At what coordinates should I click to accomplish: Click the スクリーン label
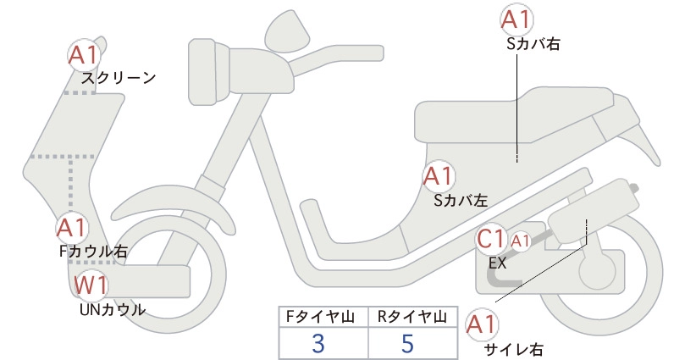point(119,78)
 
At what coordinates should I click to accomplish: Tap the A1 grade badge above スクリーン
point(85,55)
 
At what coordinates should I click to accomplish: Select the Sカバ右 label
point(533,43)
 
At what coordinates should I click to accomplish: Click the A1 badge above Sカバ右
point(516,20)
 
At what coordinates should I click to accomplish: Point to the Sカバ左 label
point(461,201)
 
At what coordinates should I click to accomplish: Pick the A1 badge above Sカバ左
point(439,176)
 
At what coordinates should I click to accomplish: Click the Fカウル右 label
point(93,252)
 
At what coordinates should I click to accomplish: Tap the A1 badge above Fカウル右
point(72,228)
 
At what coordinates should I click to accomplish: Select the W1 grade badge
point(91,285)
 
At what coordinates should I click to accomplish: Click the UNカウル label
point(113,309)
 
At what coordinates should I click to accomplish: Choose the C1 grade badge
point(492,239)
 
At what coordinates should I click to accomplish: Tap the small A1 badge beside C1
point(521,241)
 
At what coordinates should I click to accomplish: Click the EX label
point(498,263)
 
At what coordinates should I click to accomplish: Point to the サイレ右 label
point(514,350)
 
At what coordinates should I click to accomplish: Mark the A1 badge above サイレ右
point(482,325)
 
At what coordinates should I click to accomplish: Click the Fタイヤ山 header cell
point(323,317)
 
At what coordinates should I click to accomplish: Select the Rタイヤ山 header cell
point(413,317)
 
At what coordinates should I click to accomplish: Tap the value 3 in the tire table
point(318,343)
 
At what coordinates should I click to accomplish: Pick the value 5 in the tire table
point(407,343)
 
